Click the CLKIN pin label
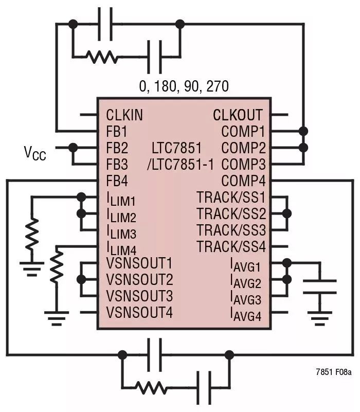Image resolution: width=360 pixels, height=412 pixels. click(x=125, y=115)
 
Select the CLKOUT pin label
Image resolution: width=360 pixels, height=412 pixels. click(x=238, y=115)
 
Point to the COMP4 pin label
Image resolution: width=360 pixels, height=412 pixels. click(x=243, y=181)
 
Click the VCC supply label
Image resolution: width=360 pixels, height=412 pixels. click(x=34, y=153)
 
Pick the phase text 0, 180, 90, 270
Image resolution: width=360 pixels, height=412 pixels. click(x=184, y=86)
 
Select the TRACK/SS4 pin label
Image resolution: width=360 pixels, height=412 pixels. click(x=231, y=247)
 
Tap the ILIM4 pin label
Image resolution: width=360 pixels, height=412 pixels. click(x=121, y=249)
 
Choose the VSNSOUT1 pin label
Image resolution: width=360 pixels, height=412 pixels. click(x=139, y=264)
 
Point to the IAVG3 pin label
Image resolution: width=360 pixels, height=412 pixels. click(x=245, y=298)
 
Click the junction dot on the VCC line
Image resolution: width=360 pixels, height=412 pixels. click(x=73, y=148)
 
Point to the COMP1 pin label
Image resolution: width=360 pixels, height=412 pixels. click(x=243, y=131)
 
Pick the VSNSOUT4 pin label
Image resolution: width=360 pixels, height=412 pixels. click(x=139, y=312)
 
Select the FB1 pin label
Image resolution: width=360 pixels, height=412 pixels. click(x=116, y=131)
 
